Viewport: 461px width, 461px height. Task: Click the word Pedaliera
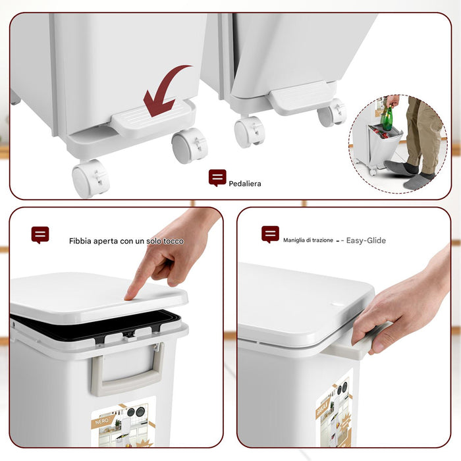point(245,184)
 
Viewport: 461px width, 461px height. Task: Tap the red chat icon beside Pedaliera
point(217,178)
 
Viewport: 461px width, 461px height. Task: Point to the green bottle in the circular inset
point(388,119)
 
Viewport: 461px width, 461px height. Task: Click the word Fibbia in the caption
point(81,241)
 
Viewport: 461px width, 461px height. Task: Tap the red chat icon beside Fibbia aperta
point(40,234)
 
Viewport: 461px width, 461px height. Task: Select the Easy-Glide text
point(366,240)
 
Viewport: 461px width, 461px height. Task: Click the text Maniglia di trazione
point(308,240)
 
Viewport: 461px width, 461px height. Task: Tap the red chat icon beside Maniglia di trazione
point(270,234)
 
